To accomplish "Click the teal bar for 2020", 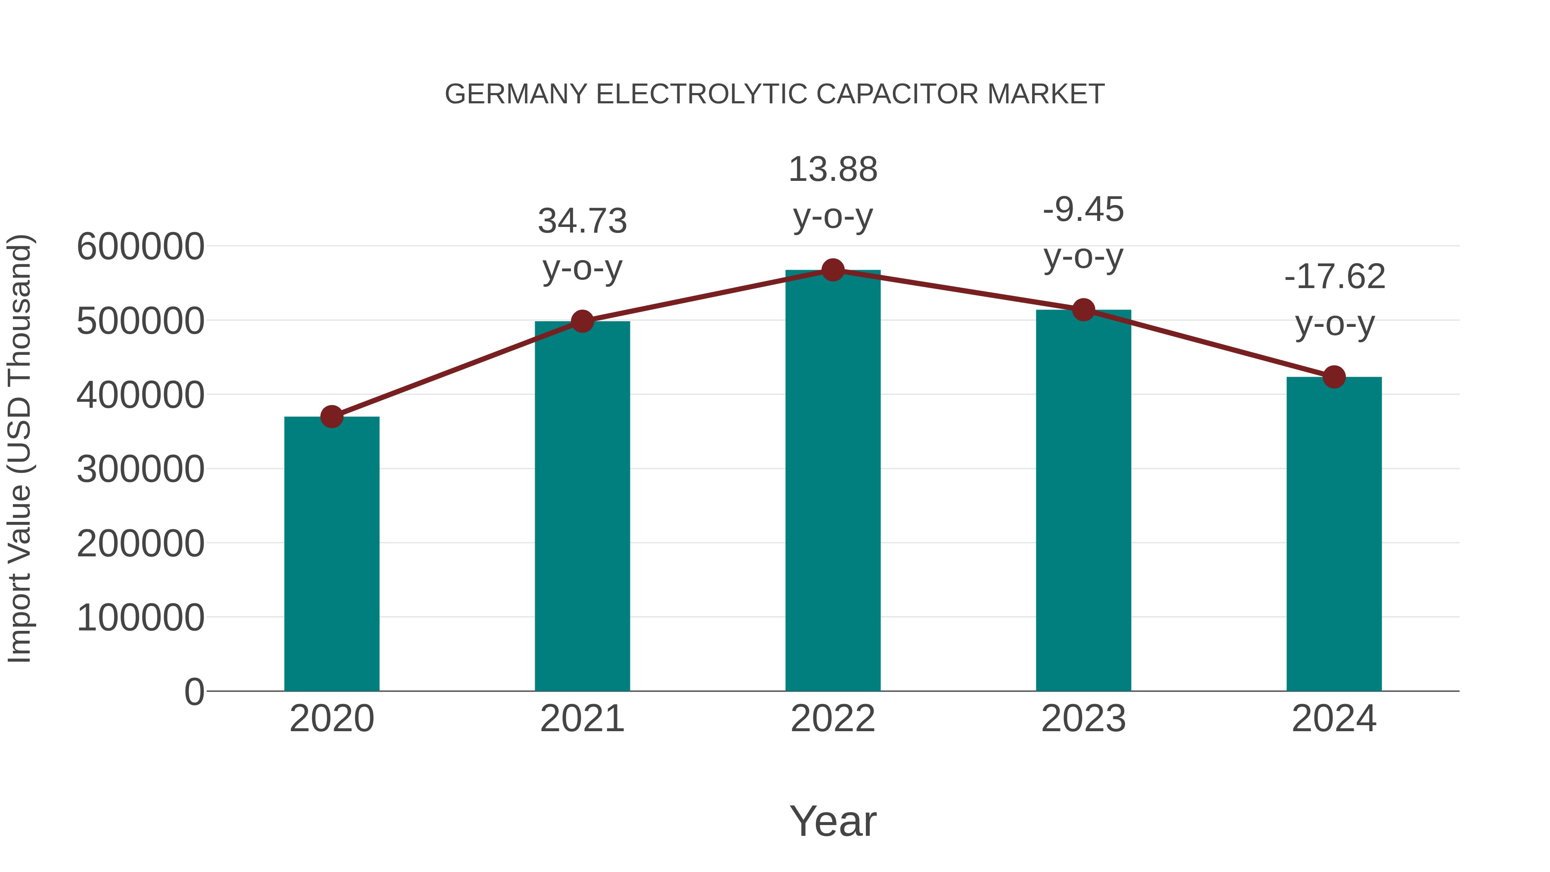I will pos(332,554).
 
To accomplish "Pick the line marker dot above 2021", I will pos(583,321).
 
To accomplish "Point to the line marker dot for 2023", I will pos(1083,310).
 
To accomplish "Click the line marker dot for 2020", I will pos(332,416).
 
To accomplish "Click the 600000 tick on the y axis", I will pos(141,247).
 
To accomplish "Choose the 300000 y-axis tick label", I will pos(141,469).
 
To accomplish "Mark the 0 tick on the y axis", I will pos(194,692).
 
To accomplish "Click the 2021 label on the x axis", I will pos(583,719).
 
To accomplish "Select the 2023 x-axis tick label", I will pos(1083,719).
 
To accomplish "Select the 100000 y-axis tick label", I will pos(141,618).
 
